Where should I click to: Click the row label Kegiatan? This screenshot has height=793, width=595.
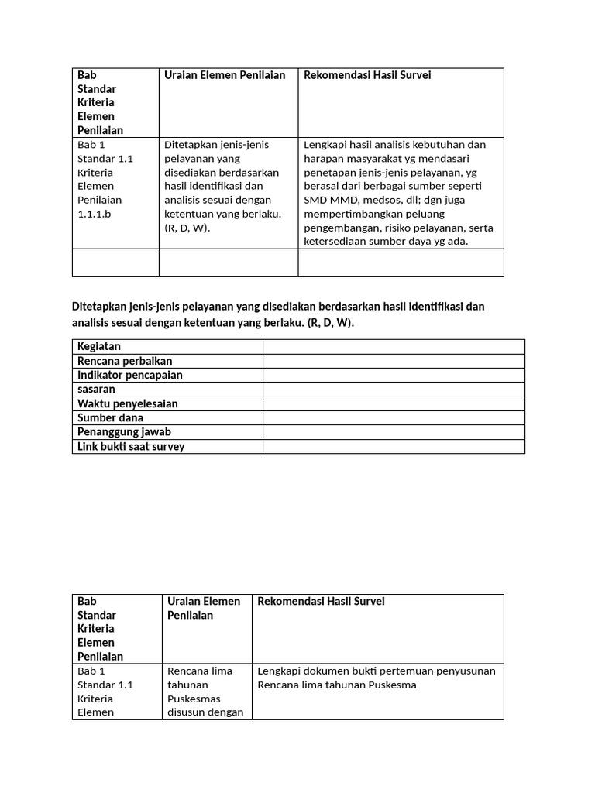point(99,346)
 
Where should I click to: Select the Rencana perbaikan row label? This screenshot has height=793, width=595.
point(125,361)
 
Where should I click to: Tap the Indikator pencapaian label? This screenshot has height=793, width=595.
point(130,375)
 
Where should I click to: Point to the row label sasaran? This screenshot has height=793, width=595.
point(96,389)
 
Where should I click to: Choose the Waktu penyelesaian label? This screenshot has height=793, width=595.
point(128,403)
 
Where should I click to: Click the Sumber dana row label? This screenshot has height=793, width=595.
point(110,417)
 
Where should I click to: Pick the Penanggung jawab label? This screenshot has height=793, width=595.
point(124,431)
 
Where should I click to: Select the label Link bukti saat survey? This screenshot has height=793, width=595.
point(131,446)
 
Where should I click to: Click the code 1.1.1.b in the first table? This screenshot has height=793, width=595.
point(95,214)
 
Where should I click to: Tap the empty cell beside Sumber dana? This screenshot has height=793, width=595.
point(394,417)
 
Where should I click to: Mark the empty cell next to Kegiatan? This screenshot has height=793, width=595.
point(394,346)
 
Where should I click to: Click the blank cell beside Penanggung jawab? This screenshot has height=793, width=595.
point(394,431)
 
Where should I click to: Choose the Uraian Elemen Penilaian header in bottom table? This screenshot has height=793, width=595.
point(204,608)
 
